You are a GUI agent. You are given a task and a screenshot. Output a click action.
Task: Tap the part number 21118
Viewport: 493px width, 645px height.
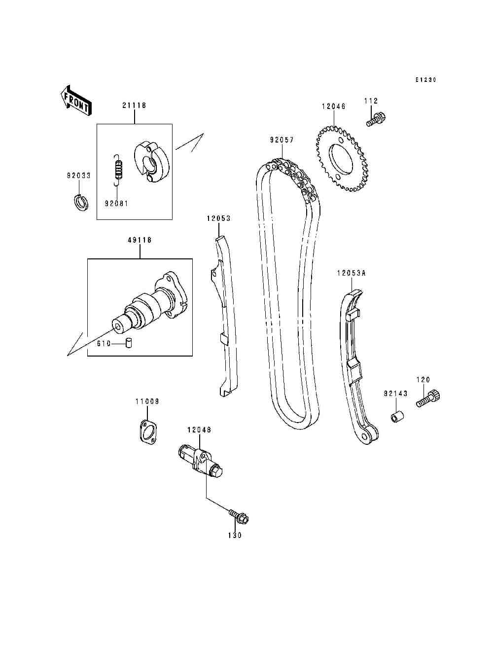tap(134, 106)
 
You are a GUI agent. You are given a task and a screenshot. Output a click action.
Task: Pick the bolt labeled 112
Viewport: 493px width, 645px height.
tap(376, 119)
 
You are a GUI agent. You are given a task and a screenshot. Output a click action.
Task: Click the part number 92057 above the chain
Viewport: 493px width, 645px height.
tap(282, 140)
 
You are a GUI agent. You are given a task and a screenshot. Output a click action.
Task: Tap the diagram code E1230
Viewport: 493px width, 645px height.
tap(425, 80)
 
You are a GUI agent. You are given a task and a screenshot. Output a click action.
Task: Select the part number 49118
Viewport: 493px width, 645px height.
tap(140, 240)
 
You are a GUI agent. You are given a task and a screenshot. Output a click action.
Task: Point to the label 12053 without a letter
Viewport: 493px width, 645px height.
tap(218, 218)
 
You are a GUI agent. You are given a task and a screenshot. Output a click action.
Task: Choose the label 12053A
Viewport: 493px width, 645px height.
tap(351, 273)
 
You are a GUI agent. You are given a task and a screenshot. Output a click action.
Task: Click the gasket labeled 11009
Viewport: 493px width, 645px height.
tap(145, 431)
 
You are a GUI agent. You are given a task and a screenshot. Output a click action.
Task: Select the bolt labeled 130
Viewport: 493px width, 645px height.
tap(240, 517)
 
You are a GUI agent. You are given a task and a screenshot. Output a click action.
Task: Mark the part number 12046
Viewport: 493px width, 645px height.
tap(334, 107)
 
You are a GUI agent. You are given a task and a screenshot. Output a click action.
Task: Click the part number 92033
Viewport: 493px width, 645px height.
tap(79, 175)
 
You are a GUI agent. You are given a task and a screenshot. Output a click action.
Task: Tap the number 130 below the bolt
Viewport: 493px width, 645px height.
tap(235, 536)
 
